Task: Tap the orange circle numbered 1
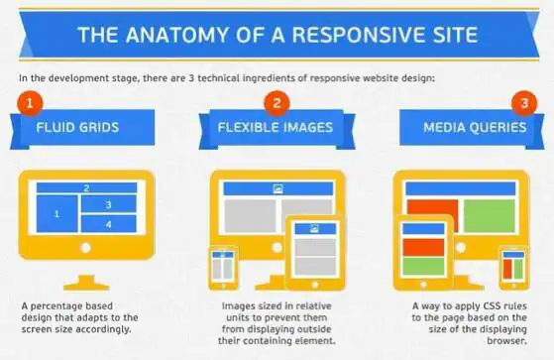[32, 101]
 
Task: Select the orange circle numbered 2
[277, 101]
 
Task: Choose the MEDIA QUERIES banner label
[471, 127]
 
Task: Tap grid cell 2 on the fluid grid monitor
[86, 187]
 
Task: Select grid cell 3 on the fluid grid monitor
[109, 204]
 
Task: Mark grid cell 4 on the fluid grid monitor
[109, 223]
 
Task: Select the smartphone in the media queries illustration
[511, 265]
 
